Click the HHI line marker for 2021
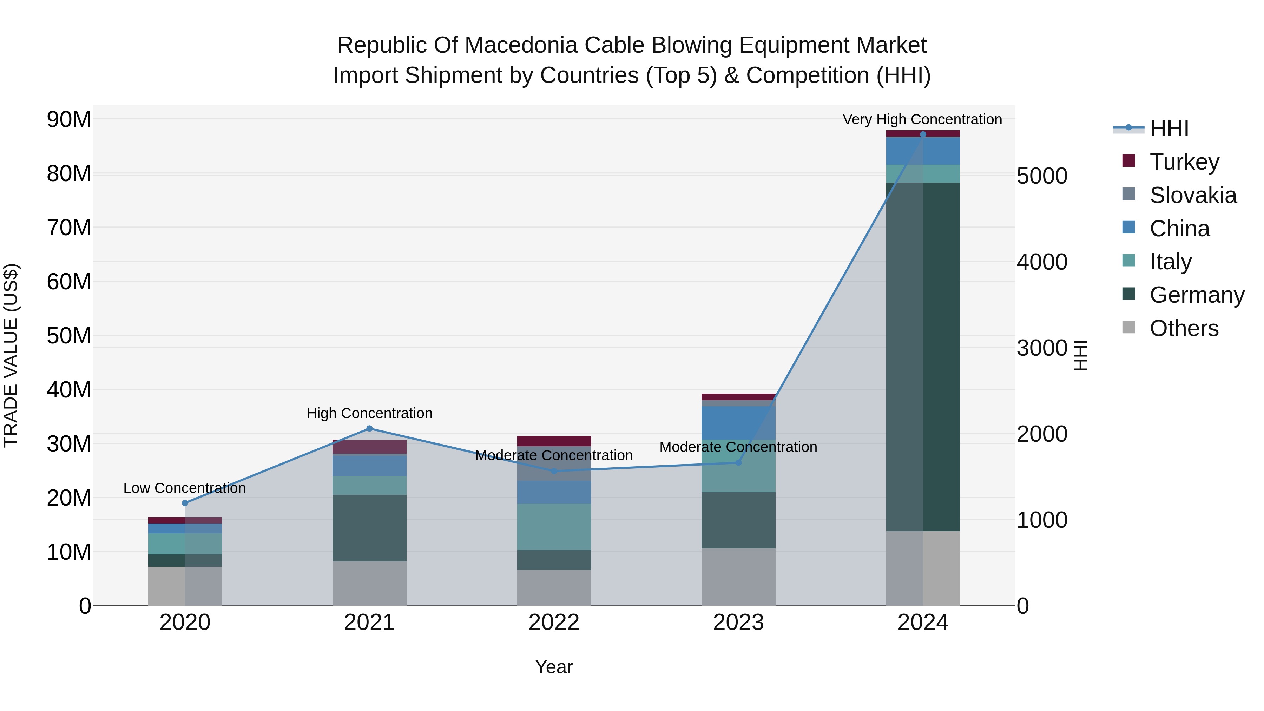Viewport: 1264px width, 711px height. (369, 428)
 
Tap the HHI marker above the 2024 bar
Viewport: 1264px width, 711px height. (923, 134)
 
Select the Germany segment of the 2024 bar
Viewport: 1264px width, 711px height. (923, 357)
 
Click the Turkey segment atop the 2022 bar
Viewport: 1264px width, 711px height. (554, 441)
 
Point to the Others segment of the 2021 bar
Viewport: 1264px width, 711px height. (369, 584)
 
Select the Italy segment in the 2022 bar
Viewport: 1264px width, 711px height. (554, 527)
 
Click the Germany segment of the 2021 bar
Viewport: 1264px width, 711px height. (369, 528)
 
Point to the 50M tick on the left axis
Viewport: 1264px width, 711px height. (69, 336)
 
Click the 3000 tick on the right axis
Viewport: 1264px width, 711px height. (1042, 348)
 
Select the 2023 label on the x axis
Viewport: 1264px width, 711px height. (738, 623)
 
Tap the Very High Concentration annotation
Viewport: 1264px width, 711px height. (922, 119)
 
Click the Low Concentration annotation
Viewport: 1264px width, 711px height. (184, 488)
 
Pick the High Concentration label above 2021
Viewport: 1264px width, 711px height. (369, 413)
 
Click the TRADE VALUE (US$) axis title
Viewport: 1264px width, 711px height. (11, 355)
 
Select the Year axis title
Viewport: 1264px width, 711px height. (554, 667)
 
